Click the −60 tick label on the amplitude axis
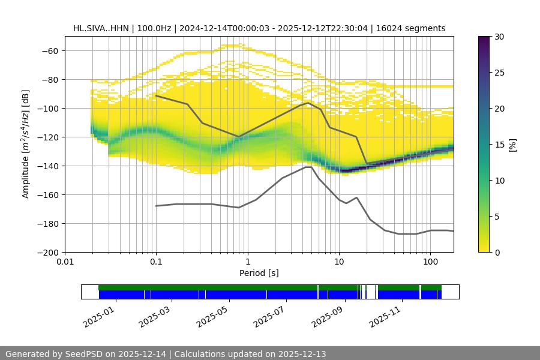49,51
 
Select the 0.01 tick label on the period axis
65,262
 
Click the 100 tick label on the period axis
430,262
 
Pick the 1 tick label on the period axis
247,262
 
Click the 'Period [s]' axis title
259,274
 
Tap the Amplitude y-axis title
26,144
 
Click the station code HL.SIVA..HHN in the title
101,28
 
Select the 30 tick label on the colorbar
499,37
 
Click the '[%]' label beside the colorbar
512,145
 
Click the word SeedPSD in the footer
85,354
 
